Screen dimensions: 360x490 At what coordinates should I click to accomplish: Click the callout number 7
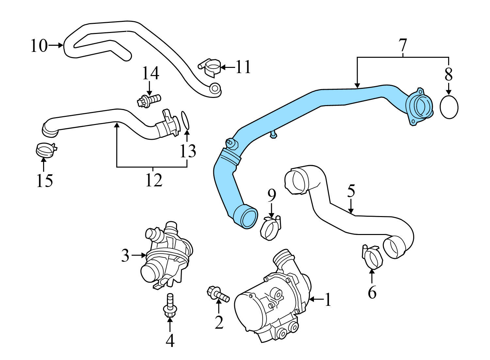coord(403,45)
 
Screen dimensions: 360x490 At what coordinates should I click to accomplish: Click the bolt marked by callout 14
coord(149,99)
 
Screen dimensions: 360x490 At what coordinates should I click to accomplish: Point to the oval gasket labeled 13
coord(185,120)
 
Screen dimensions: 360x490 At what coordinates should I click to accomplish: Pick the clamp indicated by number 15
coord(45,150)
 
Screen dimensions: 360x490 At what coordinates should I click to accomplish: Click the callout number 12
coord(154,180)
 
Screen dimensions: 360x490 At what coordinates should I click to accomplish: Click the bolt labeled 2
coord(218,294)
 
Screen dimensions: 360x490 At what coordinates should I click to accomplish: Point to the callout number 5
coord(351,191)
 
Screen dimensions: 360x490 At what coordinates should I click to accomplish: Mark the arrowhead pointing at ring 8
coord(449,93)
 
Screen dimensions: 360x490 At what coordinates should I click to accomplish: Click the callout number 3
coord(125,256)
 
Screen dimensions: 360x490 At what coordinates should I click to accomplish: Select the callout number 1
coord(328,300)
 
